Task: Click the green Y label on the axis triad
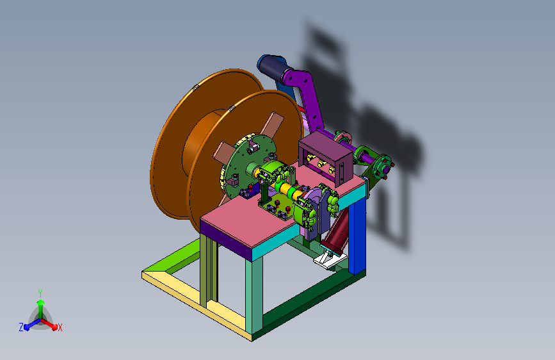[x=40, y=293]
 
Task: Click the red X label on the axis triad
[x=60, y=327]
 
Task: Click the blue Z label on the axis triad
[x=21, y=327]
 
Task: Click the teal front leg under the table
[x=254, y=293]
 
